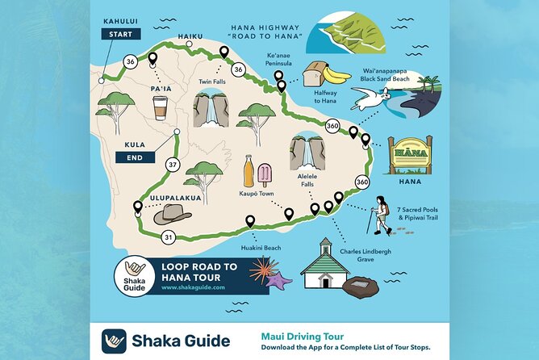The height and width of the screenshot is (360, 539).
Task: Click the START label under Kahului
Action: [x=121, y=34]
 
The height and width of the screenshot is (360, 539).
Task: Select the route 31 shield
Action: [x=168, y=237]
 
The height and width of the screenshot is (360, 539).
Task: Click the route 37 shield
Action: [x=172, y=165]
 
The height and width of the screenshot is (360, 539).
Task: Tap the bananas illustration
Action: [x=336, y=75]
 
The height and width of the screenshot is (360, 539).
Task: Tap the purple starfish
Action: [x=279, y=282]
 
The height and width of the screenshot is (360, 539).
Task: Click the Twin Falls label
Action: [x=211, y=82]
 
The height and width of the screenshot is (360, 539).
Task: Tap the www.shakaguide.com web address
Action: [x=187, y=287]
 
